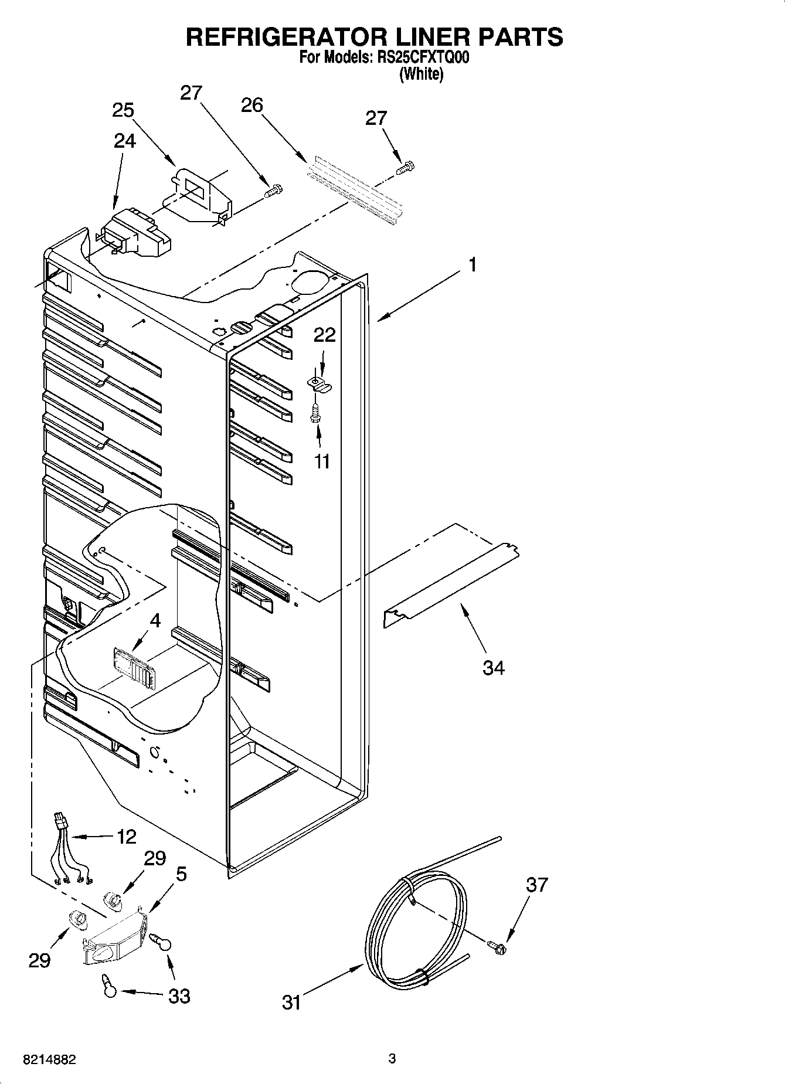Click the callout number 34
pos(493,667)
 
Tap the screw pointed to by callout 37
pos(497,946)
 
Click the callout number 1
pos(472,265)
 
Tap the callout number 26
pos(252,105)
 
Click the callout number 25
pos(123,110)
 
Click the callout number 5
pos(181,874)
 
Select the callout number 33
pos(179,995)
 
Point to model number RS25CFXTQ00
pos(420,58)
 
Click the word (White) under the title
pos(421,74)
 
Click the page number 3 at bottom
pos(392,1059)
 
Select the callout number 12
pos(126,836)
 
